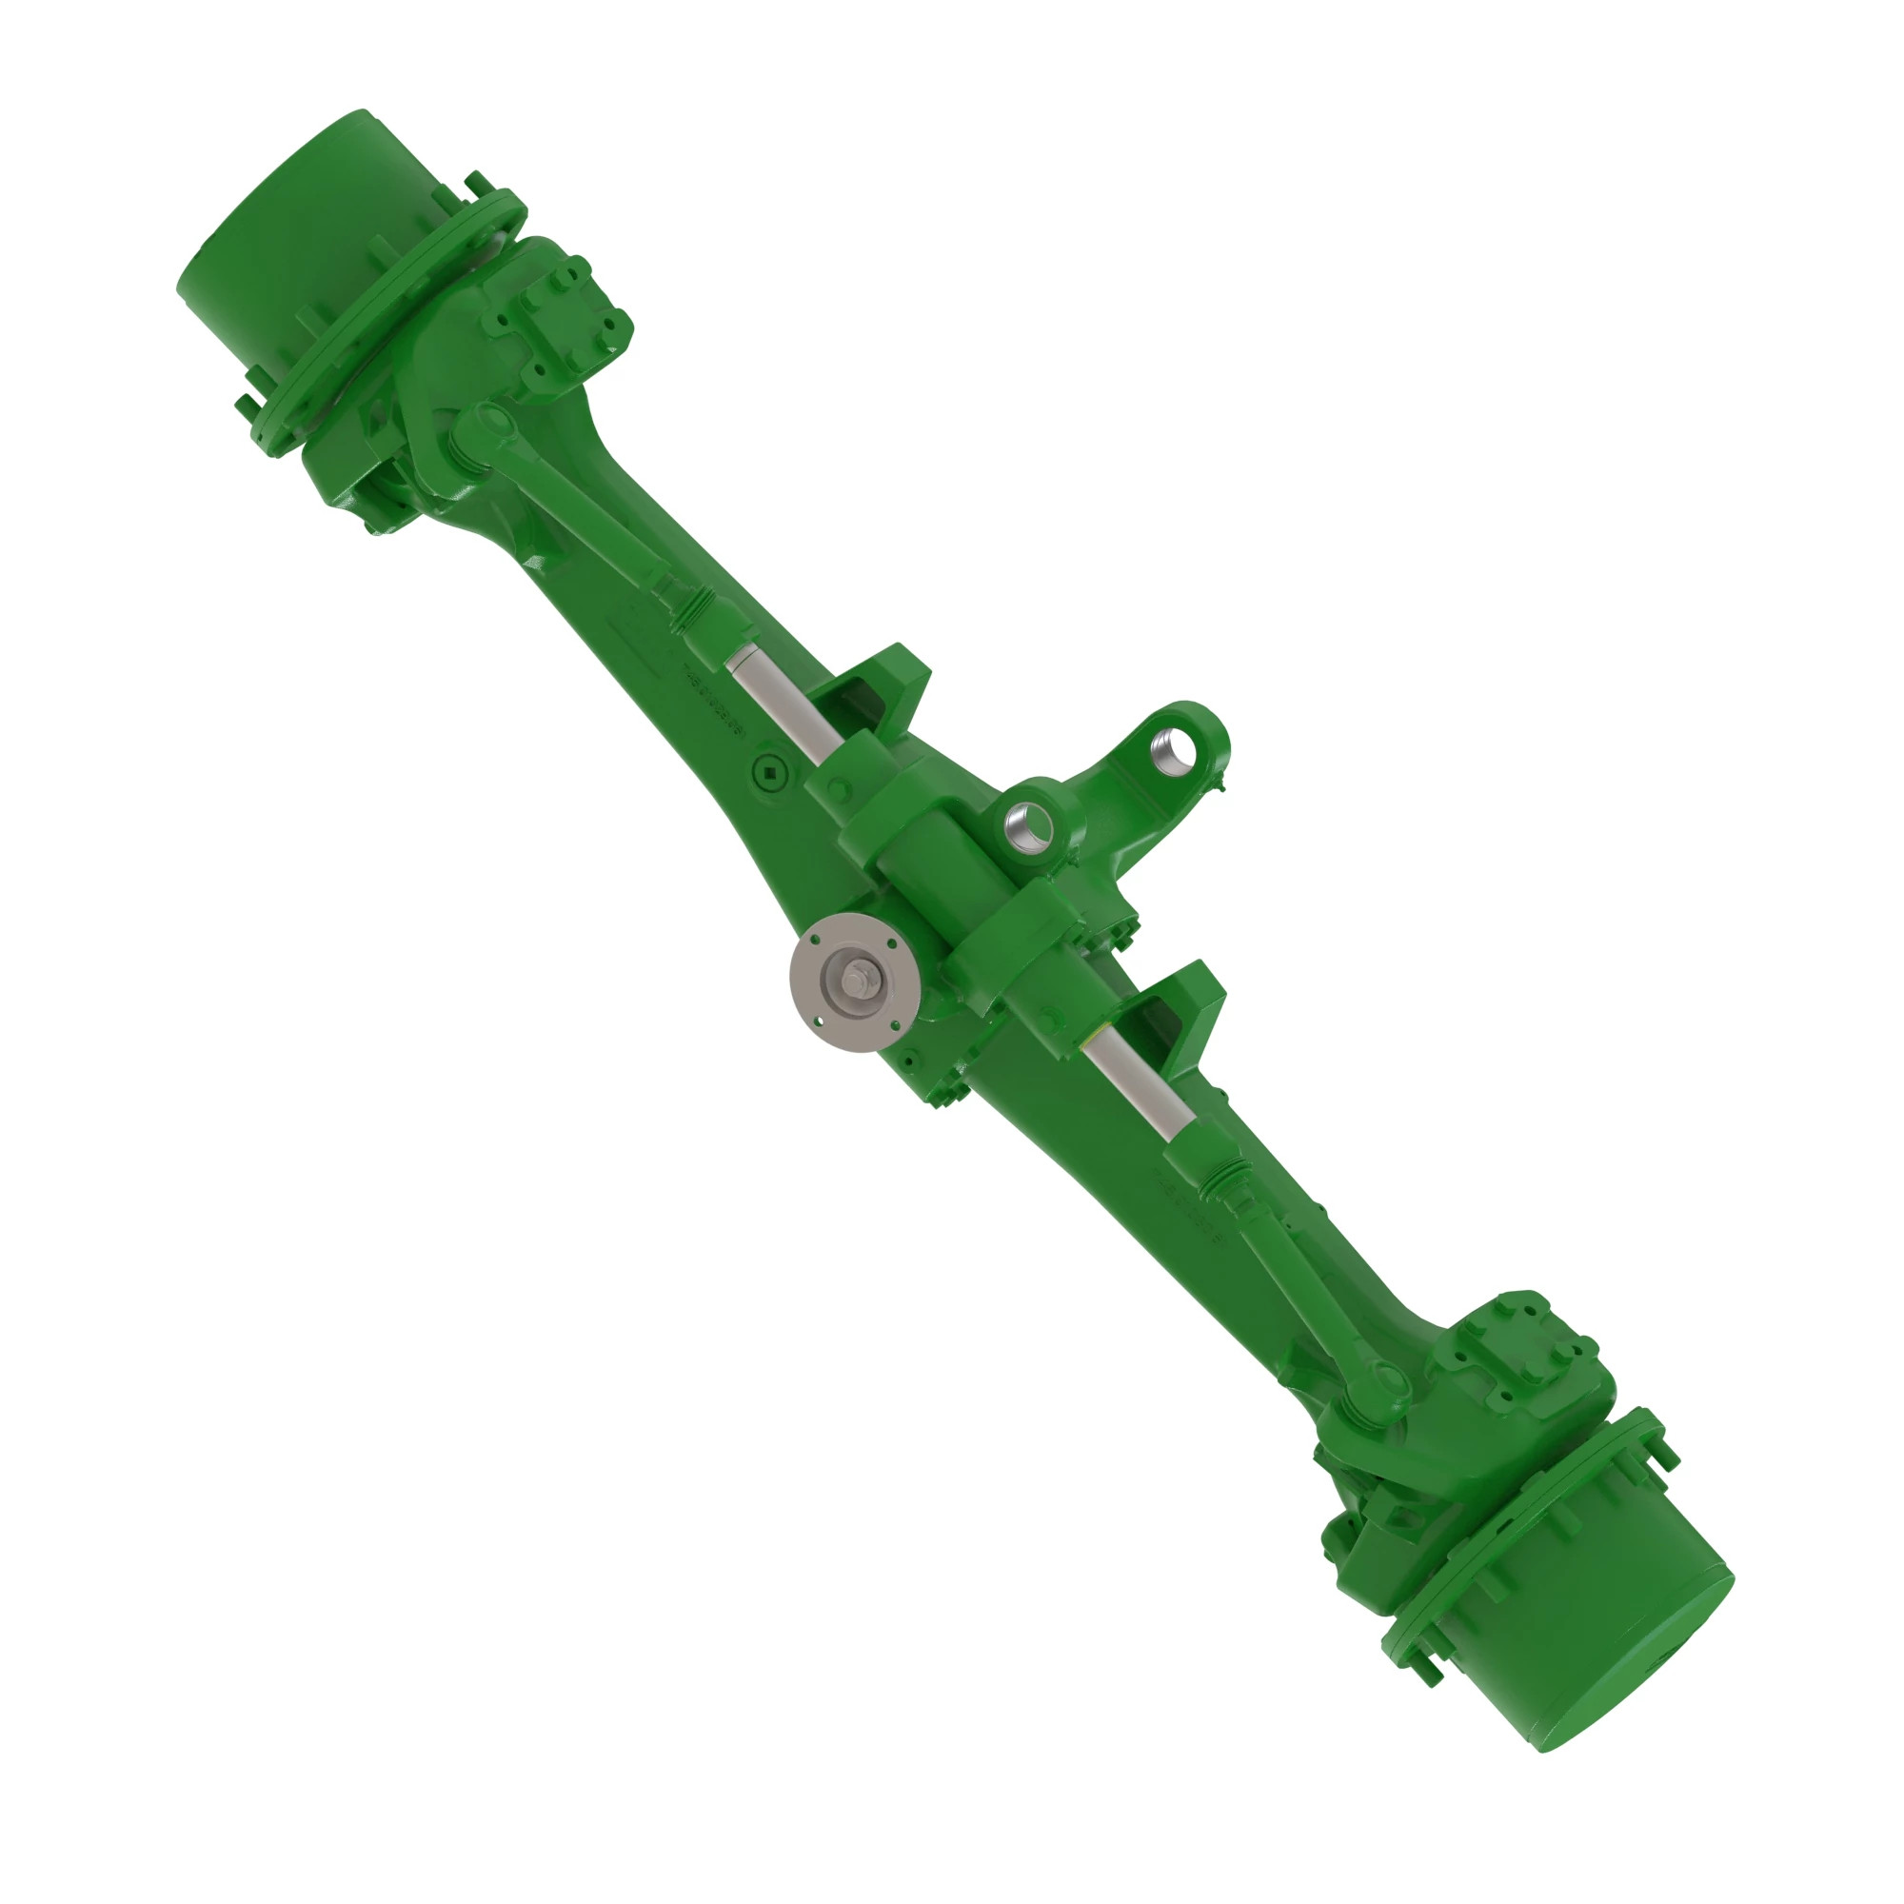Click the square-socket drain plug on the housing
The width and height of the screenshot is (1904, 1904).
pyautogui.click(x=769, y=771)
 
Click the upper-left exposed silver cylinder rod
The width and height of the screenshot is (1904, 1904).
pyautogui.click(x=783, y=703)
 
